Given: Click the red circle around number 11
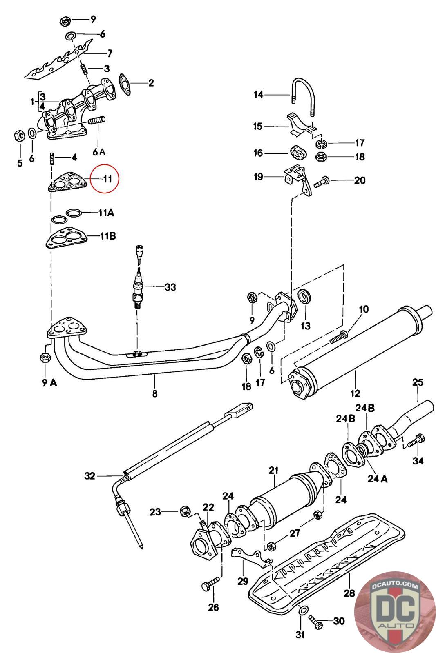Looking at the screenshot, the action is coord(105,178).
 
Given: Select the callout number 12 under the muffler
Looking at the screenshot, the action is coord(355,393).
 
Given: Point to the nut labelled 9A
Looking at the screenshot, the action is coord(45,357).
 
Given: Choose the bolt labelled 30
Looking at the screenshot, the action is coord(315,622).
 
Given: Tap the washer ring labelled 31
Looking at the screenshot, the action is coord(303,609).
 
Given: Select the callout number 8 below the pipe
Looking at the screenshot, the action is coord(155,394).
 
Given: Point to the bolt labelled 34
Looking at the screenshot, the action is coord(416,442).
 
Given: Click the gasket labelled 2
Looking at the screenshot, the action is coord(125,84).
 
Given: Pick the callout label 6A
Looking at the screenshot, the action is coord(99,151).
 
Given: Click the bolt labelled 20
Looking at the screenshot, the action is coord(322,181).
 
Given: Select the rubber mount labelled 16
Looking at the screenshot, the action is coord(297,152).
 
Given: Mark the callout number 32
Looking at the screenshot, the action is coord(89,476).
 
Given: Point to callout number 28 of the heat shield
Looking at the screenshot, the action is coord(349,593).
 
